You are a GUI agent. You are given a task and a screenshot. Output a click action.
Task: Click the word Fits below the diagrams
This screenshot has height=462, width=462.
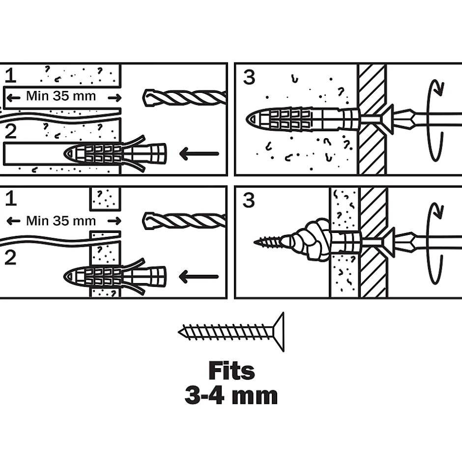pyautogui.click(x=231, y=371)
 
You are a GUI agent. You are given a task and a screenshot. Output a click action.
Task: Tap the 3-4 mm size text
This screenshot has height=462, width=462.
pyautogui.click(x=231, y=396)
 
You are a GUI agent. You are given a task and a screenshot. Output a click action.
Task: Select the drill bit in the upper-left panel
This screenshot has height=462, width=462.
pyautogui.click(x=184, y=97)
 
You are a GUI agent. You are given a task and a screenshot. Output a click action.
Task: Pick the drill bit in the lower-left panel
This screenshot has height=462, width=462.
pyautogui.click(x=184, y=221)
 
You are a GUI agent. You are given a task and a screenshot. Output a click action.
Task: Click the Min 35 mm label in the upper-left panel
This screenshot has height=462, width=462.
pyautogui.click(x=61, y=96)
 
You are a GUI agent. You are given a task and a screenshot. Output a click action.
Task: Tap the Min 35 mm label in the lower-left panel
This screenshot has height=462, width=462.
pyautogui.click(x=61, y=221)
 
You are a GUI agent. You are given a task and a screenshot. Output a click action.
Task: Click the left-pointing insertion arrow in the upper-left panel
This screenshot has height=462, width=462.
pyautogui.click(x=199, y=154)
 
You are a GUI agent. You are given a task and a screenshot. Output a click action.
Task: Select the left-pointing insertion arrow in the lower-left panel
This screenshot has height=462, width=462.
pyautogui.click(x=199, y=277)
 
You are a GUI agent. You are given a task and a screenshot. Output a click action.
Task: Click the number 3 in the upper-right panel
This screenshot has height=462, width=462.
pyautogui.click(x=249, y=77)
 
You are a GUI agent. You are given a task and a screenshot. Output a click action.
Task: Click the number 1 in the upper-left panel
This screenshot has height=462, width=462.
pyautogui.click(x=10, y=76)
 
